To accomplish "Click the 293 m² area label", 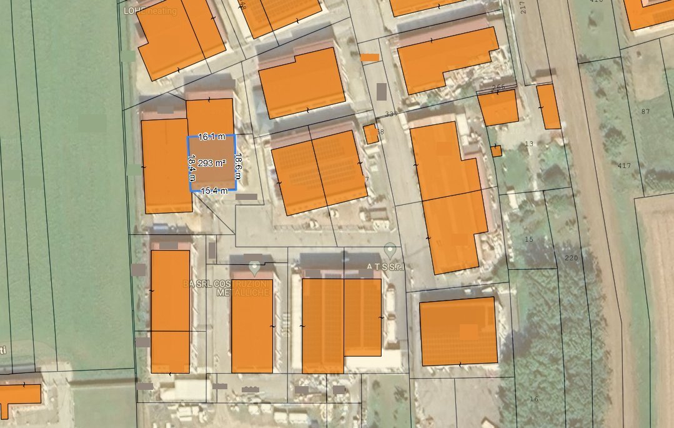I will coord(211,164).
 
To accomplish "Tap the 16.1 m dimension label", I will coord(211,136).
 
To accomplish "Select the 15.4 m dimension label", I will coord(213,191).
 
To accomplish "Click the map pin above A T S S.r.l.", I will coord(390,251).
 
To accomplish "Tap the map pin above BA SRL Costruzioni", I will coord(254,268).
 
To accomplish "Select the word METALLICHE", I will coord(242,292).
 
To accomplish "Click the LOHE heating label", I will coord(150,11).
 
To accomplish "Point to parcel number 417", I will coord(623,166).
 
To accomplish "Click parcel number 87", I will coord(646,111).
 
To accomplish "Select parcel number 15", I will coord(530,240).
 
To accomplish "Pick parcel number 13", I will coord(530,144).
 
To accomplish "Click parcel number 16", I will coord(533,399).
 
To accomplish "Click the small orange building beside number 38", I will coord(370,134).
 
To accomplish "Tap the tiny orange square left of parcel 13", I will coord(496,151).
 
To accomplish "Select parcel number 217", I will coord(523,7).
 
